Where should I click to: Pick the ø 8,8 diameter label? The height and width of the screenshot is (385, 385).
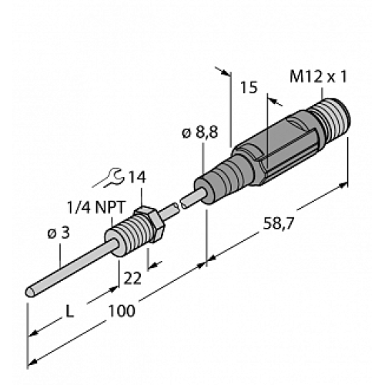click(199, 133)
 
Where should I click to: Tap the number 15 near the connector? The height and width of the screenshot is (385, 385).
click(248, 88)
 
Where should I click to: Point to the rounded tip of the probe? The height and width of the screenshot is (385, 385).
click(30, 292)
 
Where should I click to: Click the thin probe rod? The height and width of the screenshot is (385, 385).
click(73, 266)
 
